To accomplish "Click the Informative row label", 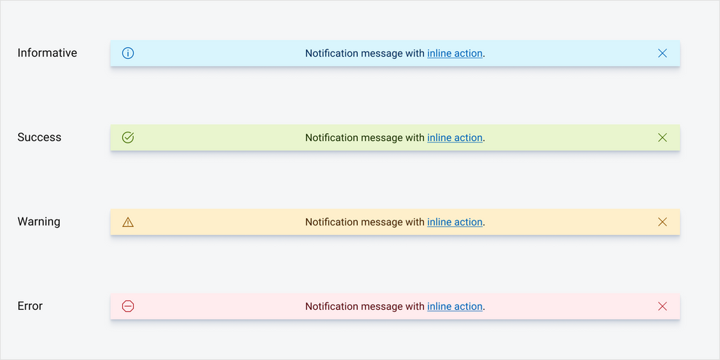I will [x=47, y=53].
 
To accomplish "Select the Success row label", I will [x=39, y=137].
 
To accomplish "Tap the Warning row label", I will [x=39, y=222].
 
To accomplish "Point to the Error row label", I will [x=30, y=306].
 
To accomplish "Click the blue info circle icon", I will [x=128, y=53].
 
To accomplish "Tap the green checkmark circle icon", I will [x=128, y=137].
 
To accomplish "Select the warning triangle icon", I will [x=128, y=222].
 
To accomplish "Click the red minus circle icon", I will [x=128, y=306].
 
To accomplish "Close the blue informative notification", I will [x=662, y=53].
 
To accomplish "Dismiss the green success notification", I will [x=662, y=137].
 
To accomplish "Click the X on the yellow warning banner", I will [x=662, y=222].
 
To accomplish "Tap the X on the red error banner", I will [x=662, y=306].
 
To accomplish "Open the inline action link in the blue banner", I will [x=455, y=53].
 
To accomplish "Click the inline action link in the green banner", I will [x=455, y=137].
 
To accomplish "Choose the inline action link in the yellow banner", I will [x=455, y=222].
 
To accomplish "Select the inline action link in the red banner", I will [x=455, y=306].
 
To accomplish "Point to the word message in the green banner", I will [x=382, y=137].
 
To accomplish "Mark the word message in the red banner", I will [x=382, y=306].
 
